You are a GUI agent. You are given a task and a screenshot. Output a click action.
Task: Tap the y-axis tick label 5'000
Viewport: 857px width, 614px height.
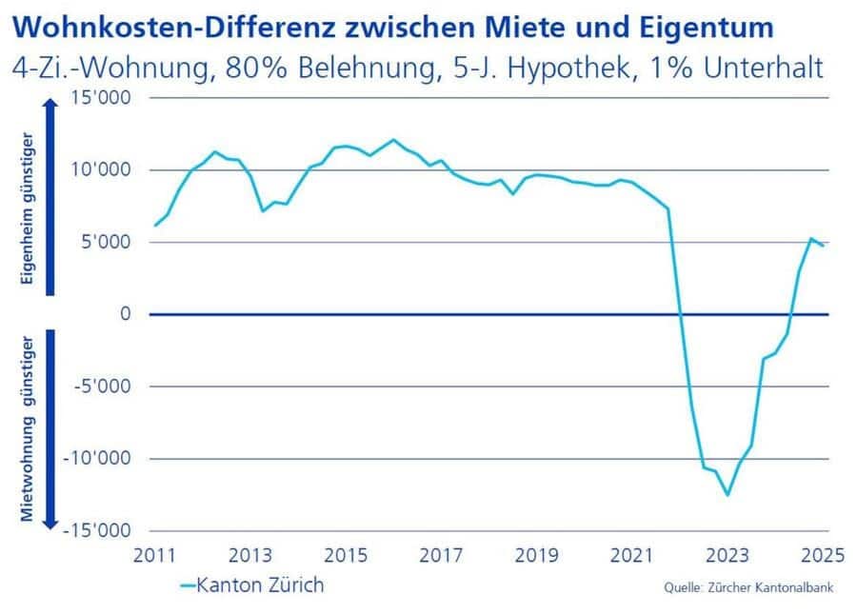(x=111, y=243)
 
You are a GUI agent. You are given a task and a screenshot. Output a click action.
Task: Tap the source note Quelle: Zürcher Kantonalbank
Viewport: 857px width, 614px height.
(x=748, y=588)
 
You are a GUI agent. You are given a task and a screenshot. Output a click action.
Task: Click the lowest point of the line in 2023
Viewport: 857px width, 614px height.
(x=727, y=495)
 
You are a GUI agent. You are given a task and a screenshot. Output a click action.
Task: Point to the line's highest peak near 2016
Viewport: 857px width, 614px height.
(x=393, y=140)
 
